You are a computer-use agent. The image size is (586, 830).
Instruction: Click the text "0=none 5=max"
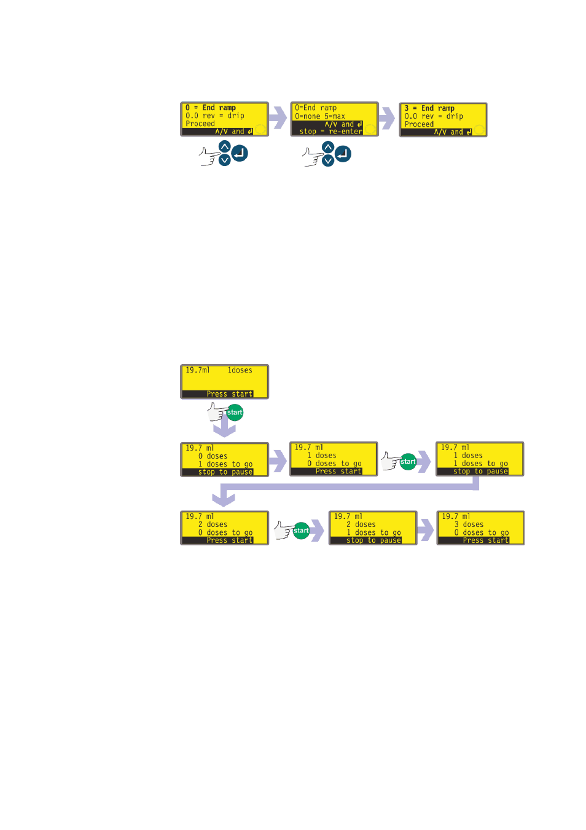pos(319,116)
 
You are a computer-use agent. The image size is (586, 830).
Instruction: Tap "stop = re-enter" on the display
pos(330,131)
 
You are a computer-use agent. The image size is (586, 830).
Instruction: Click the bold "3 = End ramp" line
pos(429,108)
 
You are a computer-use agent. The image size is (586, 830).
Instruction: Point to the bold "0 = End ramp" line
pos(210,108)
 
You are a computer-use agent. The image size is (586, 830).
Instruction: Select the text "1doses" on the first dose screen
pos(240,370)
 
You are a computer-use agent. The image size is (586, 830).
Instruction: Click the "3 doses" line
pos(469,524)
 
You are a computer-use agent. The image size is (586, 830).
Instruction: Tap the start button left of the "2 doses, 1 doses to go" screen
pos(301,531)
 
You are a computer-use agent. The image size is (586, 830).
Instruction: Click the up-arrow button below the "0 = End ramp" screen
pos(225,147)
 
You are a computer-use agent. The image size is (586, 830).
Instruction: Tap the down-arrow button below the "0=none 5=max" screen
pos(328,160)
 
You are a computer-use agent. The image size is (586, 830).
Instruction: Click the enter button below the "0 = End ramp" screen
pos(240,153)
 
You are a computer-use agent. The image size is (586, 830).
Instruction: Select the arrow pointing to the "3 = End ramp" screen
pos(387,118)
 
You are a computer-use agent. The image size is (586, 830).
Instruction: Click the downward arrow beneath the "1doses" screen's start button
pos(224,427)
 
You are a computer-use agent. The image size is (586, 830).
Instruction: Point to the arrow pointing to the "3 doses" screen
pos(425,530)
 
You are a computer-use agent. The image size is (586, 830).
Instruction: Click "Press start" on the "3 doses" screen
pos(486,540)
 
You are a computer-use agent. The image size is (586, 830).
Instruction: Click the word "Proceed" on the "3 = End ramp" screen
pos(419,124)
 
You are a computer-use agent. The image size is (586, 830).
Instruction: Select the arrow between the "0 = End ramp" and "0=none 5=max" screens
pos(278,118)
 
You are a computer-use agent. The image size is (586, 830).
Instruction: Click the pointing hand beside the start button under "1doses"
pos(217,412)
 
